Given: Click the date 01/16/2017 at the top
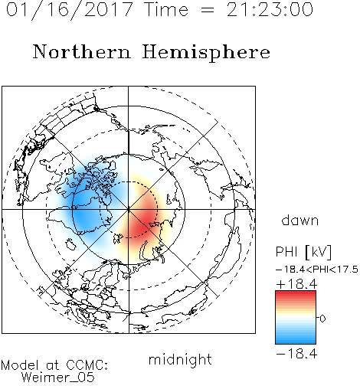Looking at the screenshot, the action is pyautogui.click(x=70, y=10).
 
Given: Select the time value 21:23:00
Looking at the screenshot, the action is pyautogui.click(x=270, y=9).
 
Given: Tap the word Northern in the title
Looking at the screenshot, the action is pyautogui.click(x=82, y=51).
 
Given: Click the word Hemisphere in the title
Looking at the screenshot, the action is pyautogui.click(x=206, y=53).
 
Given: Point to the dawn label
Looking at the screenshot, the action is pyautogui.click(x=300, y=220).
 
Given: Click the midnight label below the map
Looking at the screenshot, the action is pyautogui.click(x=180, y=359).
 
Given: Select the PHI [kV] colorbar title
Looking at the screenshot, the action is pyautogui.click(x=303, y=252).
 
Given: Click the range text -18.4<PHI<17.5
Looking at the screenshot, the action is pyautogui.click(x=317, y=270).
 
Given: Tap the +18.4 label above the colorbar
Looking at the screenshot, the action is pyautogui.click(x=296, y=284).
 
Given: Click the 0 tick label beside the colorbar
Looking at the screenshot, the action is pyautogui.click(x=322, y=319).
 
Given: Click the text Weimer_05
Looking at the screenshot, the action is pyautogui.click(x=58, y=378).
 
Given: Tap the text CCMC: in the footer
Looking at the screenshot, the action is pyautogui.click(x=87, y=365).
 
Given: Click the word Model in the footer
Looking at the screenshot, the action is pyautogui.click(x=20, y=365).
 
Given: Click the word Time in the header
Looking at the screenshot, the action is pyautogui.click(x=166, y=9).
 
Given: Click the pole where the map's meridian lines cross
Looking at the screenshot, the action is pyautogui.click(x=129, y=210).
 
